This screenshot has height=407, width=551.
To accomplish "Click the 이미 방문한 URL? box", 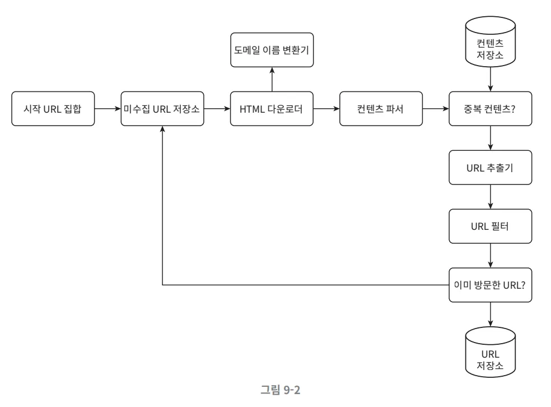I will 491,285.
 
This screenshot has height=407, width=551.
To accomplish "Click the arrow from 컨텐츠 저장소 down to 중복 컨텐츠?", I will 491,78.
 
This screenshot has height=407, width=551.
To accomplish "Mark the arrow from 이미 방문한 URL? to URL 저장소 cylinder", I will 491,314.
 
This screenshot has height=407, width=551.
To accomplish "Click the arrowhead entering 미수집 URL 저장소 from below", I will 162,129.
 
